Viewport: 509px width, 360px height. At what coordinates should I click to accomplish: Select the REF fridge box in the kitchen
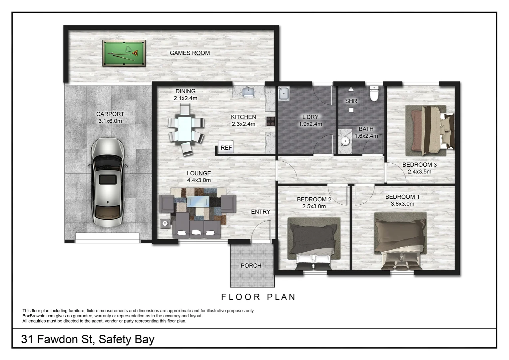click(226, 148)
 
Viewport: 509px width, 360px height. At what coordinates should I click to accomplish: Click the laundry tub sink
click(284, 93)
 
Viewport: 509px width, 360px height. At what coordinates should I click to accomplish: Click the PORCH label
click(251, 266)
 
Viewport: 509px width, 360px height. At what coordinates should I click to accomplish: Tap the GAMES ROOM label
click(190, 53)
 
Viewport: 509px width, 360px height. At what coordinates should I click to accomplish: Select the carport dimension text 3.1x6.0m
click(110, 121)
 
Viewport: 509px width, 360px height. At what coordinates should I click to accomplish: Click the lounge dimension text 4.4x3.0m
click(199, 180)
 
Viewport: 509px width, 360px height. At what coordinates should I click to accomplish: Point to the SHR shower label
click(351, 101)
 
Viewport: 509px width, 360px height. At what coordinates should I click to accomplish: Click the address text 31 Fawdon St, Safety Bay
click(88, 339)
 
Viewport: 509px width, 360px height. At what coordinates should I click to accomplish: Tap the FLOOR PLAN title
click(258, 297)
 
